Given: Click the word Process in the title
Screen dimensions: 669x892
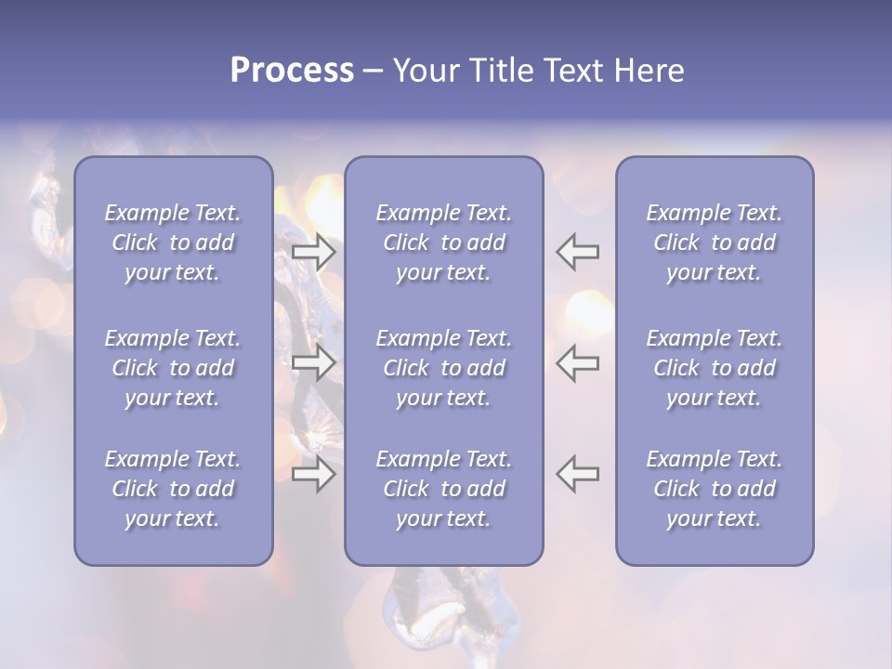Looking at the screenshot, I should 292,71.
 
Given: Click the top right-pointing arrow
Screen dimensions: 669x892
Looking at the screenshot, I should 313,251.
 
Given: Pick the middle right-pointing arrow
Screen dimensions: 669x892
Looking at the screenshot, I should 313,361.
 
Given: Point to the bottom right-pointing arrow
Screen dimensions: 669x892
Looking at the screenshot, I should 313,474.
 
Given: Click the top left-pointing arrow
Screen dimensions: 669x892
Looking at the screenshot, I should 578,251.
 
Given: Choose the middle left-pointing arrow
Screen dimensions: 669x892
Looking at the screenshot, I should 578,361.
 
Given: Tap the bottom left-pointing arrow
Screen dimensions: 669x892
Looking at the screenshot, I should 578,474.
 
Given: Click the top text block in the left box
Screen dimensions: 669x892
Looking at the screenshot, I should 173,243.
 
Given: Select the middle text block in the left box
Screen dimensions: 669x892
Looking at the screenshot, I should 173,368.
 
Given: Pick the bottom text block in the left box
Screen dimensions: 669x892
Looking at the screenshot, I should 173,489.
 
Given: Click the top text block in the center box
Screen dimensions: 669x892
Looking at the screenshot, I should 444,243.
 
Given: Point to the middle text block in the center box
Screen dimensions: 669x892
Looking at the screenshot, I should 444,368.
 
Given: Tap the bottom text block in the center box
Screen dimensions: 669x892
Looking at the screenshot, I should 444,489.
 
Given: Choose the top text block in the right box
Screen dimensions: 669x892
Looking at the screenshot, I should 715,243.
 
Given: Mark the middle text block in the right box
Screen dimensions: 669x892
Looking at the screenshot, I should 715,368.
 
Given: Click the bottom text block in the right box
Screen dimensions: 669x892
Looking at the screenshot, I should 715,489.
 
